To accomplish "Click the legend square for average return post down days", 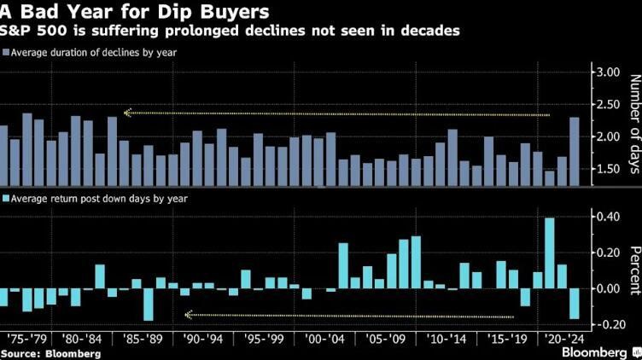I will click(5, 199).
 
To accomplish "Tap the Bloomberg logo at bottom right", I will click(597, 351).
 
